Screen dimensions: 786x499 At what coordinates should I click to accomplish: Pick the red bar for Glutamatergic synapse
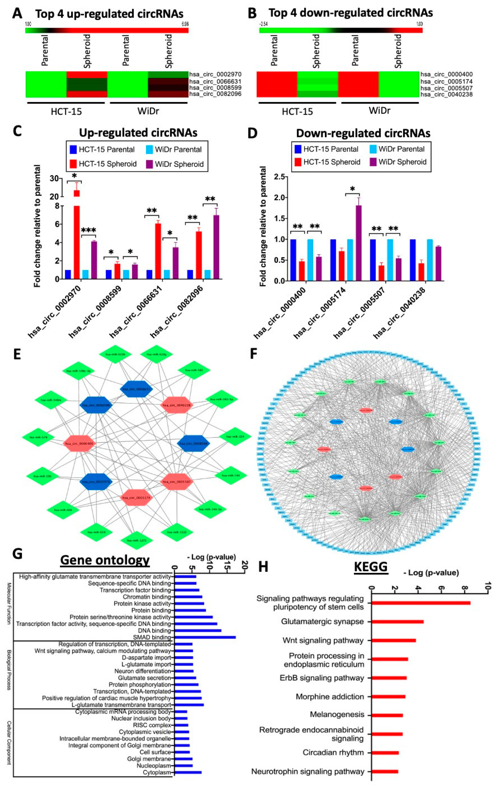(397, 622)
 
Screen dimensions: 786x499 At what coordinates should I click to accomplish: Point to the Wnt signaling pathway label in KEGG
(323, 641)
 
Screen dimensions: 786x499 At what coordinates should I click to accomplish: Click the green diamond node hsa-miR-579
(38, 437)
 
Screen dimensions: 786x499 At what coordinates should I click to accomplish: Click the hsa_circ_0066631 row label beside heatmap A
(215, 81)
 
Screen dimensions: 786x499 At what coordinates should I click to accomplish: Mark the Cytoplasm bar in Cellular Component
(188, 772)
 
